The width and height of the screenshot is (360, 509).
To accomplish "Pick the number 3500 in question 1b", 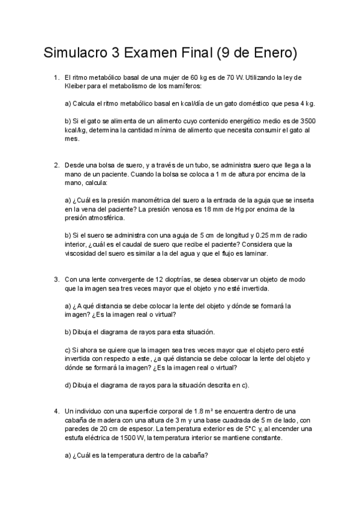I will point(307,121).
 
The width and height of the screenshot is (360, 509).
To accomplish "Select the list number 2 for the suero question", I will point(56,164).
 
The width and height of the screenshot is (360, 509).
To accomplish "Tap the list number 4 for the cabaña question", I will point(56,411).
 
